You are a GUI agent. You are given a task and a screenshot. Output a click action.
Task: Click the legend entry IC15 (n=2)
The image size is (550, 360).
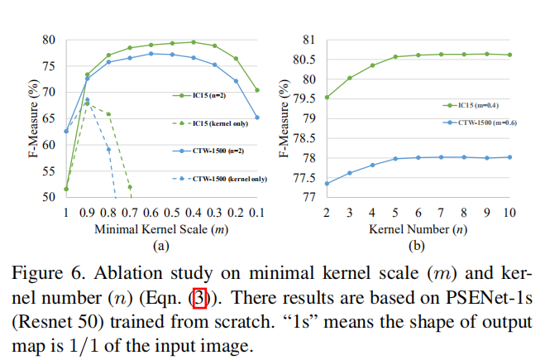click(222, 96)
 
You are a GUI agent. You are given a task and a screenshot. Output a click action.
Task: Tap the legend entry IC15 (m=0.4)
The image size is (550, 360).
click(491, 105)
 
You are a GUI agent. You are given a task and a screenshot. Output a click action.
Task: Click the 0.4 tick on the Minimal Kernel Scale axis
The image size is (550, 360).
click(194, 213)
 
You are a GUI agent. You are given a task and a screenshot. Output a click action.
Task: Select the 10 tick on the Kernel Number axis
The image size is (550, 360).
click(509, 213)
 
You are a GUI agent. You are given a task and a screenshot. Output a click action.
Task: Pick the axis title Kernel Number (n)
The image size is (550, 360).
click(419, 228)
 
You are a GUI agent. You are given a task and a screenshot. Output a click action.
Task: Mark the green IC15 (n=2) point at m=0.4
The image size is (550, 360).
click(194, 41)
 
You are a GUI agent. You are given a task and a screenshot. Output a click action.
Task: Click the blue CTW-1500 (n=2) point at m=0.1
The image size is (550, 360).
click(257, 118)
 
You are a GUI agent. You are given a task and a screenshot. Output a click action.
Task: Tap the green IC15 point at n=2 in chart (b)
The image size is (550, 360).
click(328, 97)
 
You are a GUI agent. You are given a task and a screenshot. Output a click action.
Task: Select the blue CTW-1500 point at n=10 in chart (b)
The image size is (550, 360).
click(509, 156)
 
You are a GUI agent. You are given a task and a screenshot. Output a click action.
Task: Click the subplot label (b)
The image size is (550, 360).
click(418, 245)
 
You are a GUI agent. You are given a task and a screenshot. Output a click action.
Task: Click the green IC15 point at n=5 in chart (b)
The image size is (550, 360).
click(395, 56)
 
